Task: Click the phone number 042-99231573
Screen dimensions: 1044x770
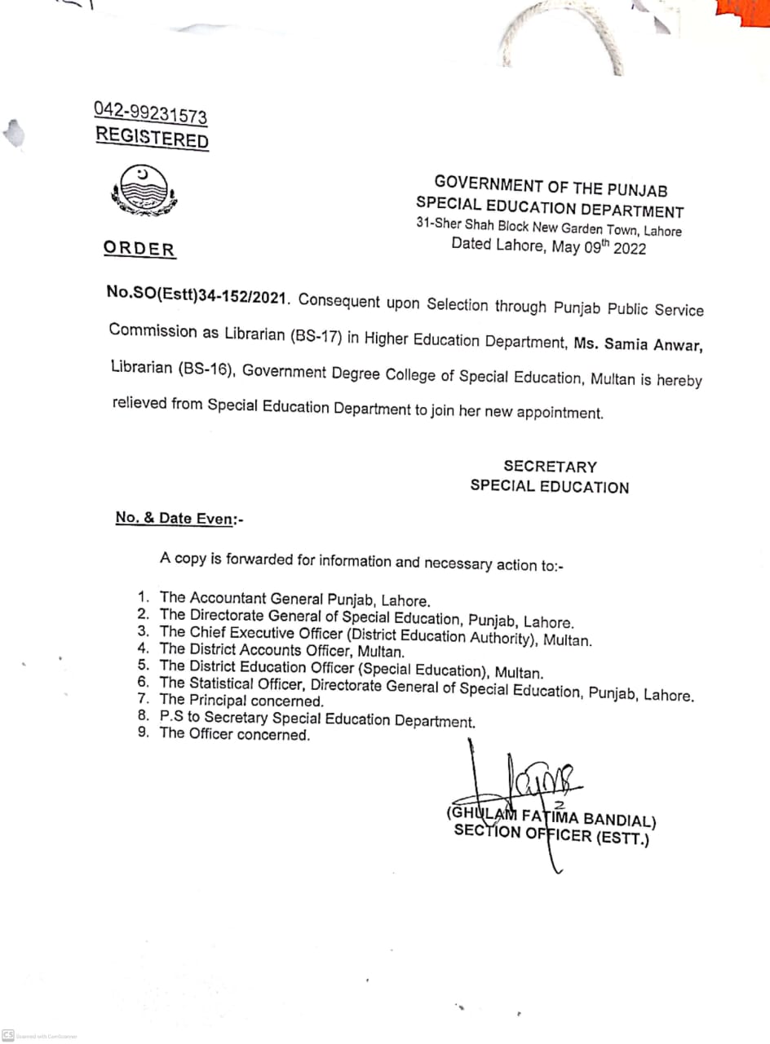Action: click(150, 113)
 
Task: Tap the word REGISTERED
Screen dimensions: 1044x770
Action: click(152, 138)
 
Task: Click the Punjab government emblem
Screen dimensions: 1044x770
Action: click(144, 191)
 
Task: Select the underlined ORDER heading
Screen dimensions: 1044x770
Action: click(139, 250)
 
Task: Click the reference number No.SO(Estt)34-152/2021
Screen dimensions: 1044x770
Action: click(198, 297)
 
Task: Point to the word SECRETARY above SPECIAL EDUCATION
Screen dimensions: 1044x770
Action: click(550, 467)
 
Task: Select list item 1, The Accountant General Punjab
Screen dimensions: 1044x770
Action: click(294, 599)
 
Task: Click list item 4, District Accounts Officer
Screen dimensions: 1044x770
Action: click(281, 651)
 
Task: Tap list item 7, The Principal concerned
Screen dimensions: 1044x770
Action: click(241, 701)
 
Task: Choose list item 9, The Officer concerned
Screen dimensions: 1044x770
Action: click(235, 734)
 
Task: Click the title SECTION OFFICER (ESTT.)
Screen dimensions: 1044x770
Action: click(551, 834)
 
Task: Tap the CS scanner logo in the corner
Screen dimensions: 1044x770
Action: click(8, 1034)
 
